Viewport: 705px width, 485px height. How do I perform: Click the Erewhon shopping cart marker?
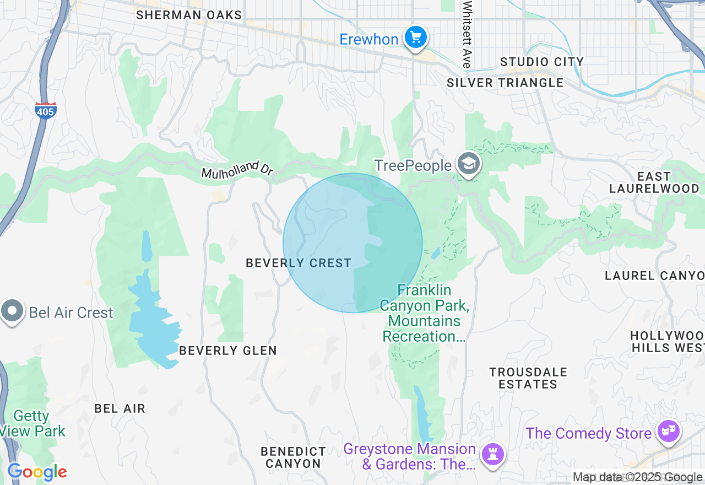pos(416,38)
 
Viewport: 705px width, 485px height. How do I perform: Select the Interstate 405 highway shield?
pos(45,111)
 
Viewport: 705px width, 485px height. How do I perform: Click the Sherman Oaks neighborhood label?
pos(189,15)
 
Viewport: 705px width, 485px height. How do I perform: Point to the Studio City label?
pos(541,62)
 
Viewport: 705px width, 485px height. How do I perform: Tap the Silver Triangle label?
pos(505,83)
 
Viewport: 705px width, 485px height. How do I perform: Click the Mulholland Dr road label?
pos(237,171)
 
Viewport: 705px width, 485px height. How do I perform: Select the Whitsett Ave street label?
pos(468,34)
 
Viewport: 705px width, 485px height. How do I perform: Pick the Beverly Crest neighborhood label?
pos(299,263)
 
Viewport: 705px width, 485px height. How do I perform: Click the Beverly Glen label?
pos(228,351)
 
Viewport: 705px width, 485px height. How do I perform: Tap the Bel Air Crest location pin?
pos(12,311)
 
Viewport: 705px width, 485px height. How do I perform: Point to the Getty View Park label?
pos(32,423)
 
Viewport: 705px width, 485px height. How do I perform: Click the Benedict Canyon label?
pos(293,458)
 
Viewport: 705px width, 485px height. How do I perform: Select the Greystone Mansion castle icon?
pos(492,455)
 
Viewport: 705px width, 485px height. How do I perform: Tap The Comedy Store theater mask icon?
pos(669,431)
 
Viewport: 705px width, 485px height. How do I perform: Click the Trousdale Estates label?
pos(528,378)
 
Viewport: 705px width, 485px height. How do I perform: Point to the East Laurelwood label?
pos(654,182)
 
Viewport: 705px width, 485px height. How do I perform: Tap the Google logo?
pos(37,472)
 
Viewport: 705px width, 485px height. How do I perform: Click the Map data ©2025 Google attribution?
pos(637,477)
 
